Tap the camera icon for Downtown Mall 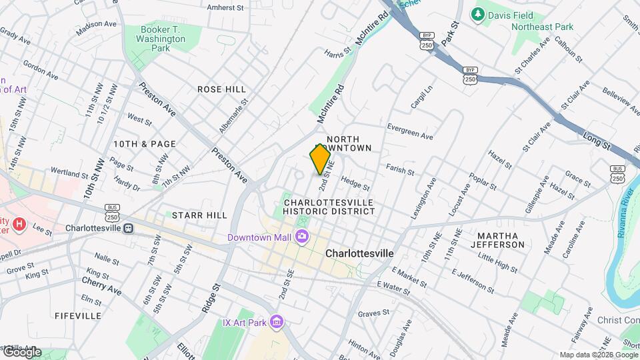302,237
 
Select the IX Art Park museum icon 277,323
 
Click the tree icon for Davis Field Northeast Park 477,14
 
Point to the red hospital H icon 19,225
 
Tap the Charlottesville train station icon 127,228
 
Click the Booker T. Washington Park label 163,39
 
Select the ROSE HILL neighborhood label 222,89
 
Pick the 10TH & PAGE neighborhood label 145,143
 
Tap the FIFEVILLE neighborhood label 78,315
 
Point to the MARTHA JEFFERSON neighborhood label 501,240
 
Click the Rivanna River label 626,221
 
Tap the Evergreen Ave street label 410,131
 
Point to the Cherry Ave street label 101,286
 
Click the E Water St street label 392,287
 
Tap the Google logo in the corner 21,352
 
